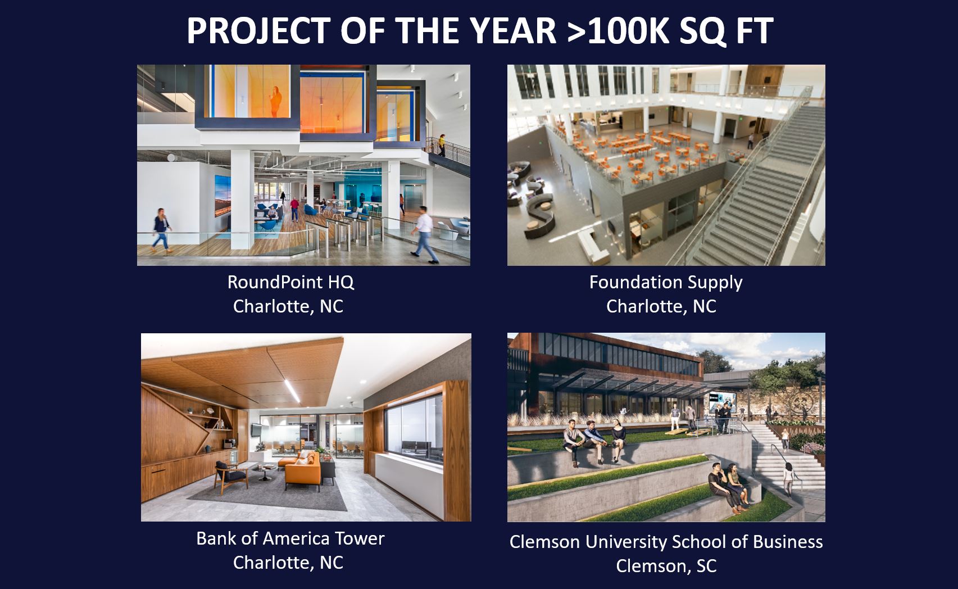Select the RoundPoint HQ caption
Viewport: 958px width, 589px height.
[290, 282]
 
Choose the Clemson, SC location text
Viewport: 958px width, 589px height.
[666, 567]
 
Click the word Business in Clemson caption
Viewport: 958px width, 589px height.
[788, 542]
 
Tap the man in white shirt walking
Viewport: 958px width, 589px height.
[425, 234]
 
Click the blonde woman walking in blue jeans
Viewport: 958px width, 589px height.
[161, 230]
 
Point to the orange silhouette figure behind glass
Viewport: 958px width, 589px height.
[275, 101]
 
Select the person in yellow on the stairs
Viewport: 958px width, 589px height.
[442, 145]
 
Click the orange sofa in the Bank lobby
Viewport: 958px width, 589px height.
[302, 469]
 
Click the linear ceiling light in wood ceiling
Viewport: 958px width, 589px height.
[293, 391]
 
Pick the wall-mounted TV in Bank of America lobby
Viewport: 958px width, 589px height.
[257, 430]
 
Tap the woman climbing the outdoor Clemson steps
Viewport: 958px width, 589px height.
[789, 479]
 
